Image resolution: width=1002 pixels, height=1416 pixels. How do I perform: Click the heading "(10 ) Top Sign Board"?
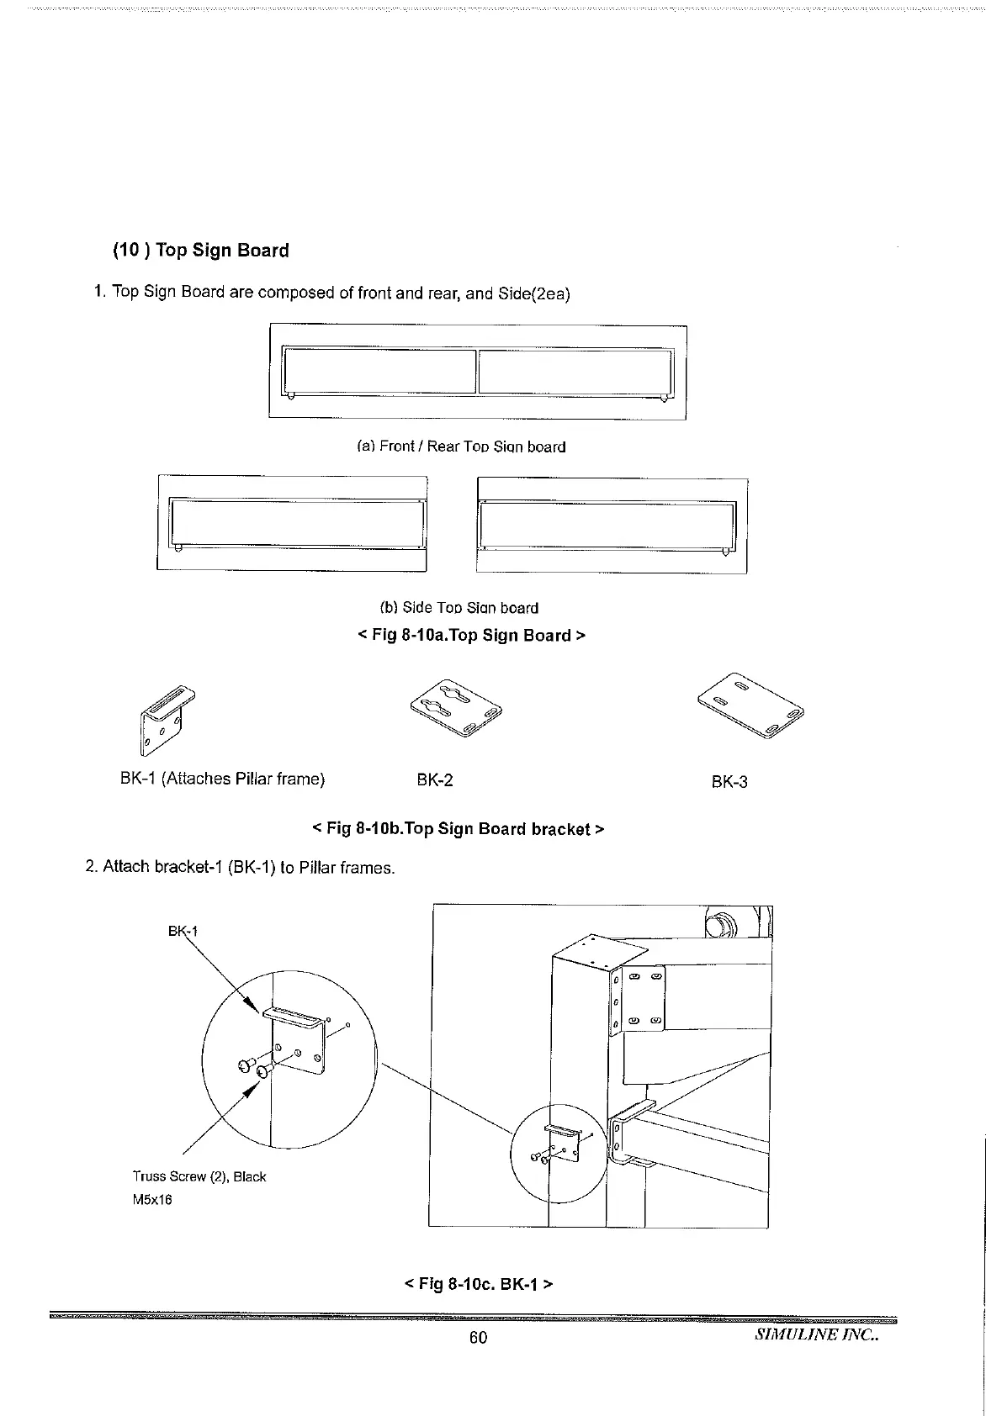(x=200, y=251)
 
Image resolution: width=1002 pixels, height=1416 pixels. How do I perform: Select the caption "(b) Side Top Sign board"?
(x=459, y=607)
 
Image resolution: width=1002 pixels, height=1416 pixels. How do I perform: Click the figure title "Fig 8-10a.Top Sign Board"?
(x=471, y=636)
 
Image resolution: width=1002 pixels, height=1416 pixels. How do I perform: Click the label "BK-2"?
(x=435, y=780)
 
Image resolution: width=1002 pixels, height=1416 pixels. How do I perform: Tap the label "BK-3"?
(x=729, y=782)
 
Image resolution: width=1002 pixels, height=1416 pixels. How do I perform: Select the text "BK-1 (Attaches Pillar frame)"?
(x=222, y=779)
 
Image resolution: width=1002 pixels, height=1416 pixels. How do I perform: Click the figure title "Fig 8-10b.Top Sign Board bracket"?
(x=458, y=829)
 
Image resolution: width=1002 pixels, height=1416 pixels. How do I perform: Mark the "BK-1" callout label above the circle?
(x=183, y=931)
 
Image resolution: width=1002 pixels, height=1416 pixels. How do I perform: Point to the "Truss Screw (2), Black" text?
(x=199, y=1176)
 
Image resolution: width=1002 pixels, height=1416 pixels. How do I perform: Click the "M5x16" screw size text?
(x=152, y=1199)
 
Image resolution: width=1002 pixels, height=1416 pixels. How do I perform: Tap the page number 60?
(x=478, y=1337)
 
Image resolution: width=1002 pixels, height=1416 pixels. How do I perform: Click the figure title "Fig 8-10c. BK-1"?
(x=478, y=1284)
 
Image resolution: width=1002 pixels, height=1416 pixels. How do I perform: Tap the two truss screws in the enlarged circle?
(x=254, y=1069)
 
